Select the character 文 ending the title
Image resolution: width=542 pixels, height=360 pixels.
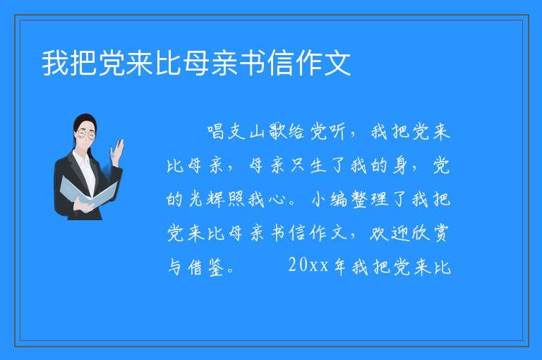[337, 63]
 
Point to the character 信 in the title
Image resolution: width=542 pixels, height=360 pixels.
[281, 63]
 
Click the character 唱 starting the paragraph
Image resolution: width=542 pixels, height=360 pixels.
[217, 132]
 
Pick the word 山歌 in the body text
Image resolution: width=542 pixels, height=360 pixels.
[266, 132]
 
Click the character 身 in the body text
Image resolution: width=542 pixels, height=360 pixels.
[400, 166]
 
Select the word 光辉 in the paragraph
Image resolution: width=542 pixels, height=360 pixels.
[206, 199]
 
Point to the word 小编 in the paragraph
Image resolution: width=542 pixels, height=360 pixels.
[330, 199]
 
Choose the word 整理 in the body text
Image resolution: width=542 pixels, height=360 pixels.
[371, 199]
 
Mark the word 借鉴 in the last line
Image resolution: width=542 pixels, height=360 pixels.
[206, 267]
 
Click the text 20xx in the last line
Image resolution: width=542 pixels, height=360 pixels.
[308, 265]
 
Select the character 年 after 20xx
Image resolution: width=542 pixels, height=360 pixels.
[339, 267]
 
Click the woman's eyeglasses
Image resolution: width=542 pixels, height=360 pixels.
[85, 134]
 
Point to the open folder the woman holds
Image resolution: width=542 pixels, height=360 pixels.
[88, 192]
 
